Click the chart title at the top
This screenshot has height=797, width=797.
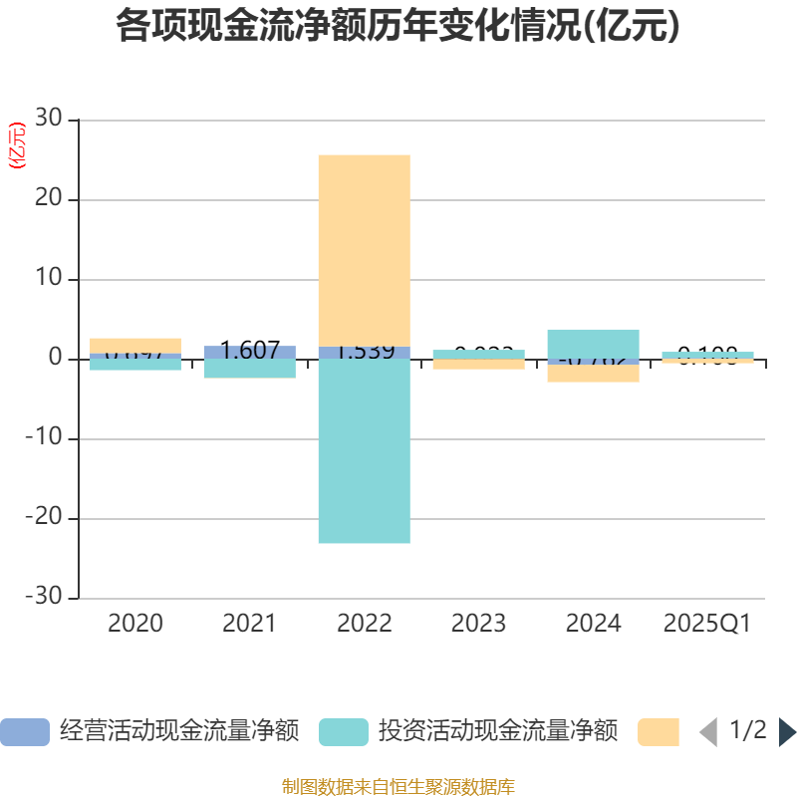pos(398,27)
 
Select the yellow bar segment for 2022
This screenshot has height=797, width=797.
pos(364,249)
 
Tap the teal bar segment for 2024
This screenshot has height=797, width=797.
pos(593,343)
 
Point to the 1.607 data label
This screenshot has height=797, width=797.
pos(249,352)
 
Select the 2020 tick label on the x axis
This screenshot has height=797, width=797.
pos(135,624)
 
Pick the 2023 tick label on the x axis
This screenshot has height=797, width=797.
pos(478,624)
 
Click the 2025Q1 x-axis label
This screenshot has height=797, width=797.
pos(706,624)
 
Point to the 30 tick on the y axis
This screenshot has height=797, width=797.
pos(49,120)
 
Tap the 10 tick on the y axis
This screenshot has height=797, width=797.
pos(49,279)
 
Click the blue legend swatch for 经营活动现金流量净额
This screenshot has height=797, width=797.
pos(24,732)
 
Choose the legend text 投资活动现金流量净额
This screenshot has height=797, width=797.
pos(497,732)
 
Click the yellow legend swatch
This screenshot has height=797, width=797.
pos(658,732)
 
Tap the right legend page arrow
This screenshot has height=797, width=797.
pos(787,732)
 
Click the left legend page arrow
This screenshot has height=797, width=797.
pos(708,732)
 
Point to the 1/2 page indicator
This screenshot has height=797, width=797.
pos(747,731)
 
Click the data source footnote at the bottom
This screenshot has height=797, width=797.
pos(398,787)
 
